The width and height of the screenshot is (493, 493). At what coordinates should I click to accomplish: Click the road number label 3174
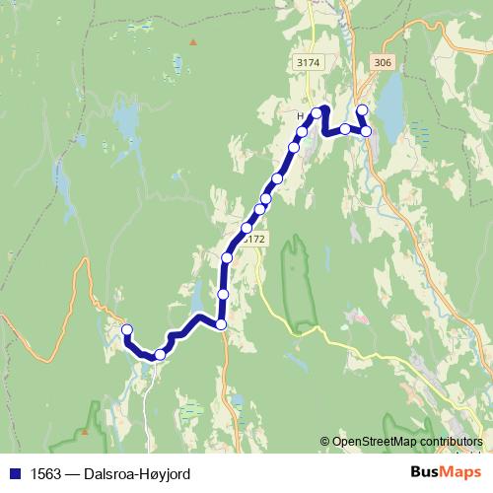click(x=309, y=62)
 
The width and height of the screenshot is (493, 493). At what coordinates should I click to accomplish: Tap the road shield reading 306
click(x=383, y=62)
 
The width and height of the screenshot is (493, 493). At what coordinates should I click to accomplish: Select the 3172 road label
click(x=253, y=239)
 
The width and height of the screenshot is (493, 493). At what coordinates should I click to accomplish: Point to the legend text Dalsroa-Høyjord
click(x=138, y=473)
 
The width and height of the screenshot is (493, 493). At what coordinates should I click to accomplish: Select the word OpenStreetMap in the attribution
click(x=376, y=441)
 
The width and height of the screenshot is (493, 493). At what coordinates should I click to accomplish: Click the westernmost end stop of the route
click(x=126, y=329)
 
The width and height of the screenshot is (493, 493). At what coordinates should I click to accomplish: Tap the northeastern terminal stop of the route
click(x=361, y=109)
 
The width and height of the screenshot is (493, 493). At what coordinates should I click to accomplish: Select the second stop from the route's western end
click(x=160, y=354)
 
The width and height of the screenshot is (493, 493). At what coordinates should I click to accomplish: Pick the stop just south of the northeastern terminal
click(x=366, y=130)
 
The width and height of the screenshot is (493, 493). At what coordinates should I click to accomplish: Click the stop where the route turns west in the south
click(x=221, y=324)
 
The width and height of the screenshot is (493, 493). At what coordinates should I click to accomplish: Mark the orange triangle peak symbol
click(x=193, y=41)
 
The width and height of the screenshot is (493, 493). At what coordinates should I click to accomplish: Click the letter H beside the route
click(x=300, y=115)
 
